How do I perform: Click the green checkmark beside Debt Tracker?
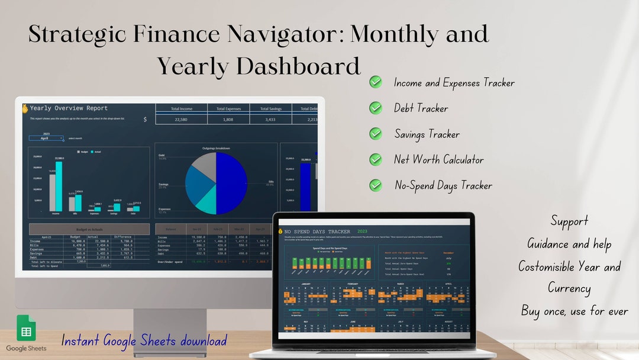pos(376,108)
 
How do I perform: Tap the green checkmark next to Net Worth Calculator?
pos(376,159)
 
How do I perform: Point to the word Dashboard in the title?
pos(301,66)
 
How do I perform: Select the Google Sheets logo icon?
pos(26,327)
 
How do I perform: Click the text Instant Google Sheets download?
pos(144,341)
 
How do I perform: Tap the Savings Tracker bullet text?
pos(427,134)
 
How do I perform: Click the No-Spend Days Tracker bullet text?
pos(443,185)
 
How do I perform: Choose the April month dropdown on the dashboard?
pos(46,138)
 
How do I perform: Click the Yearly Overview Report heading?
pos(69,108)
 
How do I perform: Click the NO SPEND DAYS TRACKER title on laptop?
pos(317,232)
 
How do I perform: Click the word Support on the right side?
pos(569,221)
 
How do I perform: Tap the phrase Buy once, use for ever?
pos(574,311)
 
